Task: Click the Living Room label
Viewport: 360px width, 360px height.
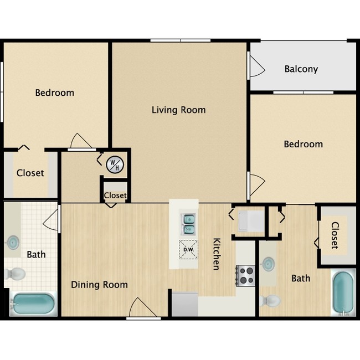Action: tap(178, 110)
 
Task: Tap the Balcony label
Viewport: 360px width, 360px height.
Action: tap(301, 69)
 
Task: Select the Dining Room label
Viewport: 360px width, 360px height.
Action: tap(99, 285)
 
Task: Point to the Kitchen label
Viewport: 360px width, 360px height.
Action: tap(217, 254)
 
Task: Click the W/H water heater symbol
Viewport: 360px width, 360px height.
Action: tap(115, 163)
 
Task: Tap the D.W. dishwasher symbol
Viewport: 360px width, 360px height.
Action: tap(187, 249)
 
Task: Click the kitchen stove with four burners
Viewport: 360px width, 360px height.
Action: tap(245, 275)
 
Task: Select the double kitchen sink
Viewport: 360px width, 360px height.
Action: tap(189, 223)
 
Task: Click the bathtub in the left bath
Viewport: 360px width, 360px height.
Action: tap(33, 305)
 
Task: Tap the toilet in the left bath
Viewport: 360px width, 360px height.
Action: tap(15, 274)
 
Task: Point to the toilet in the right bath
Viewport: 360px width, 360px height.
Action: tap(270, 301)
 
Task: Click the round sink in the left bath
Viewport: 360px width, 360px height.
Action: tap(12, 242)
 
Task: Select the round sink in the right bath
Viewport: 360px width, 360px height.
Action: tap(268, 264)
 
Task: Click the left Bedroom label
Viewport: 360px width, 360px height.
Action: tap(54, 92)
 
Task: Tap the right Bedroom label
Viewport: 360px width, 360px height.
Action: tap(303, 144)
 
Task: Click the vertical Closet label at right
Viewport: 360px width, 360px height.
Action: tap(335, 235)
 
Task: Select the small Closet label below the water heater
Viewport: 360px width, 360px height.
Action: tap(115, 196)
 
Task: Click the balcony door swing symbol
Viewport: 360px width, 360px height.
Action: tap(256, 67)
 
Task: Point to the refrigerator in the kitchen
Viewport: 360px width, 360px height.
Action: tap(184, 304)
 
